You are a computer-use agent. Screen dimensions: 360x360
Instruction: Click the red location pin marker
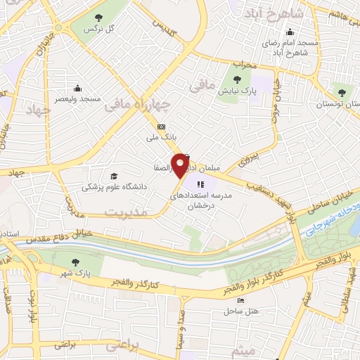coord(182,165)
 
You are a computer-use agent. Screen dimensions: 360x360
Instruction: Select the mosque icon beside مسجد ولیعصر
coord(77,89)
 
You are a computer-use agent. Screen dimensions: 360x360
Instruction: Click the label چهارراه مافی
coord(138,105)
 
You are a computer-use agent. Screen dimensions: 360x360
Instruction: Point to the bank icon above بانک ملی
coord(162,127)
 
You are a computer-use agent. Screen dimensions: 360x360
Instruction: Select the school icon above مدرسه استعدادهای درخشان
coord(212,184)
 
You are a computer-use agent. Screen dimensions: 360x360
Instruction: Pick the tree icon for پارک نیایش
coord(245,79)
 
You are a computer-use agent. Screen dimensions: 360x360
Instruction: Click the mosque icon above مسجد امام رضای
coord(289,32)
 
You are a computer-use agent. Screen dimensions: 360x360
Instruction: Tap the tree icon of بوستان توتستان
coord(342,92)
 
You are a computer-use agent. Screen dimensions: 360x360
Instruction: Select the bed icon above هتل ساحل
coord(242,300)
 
